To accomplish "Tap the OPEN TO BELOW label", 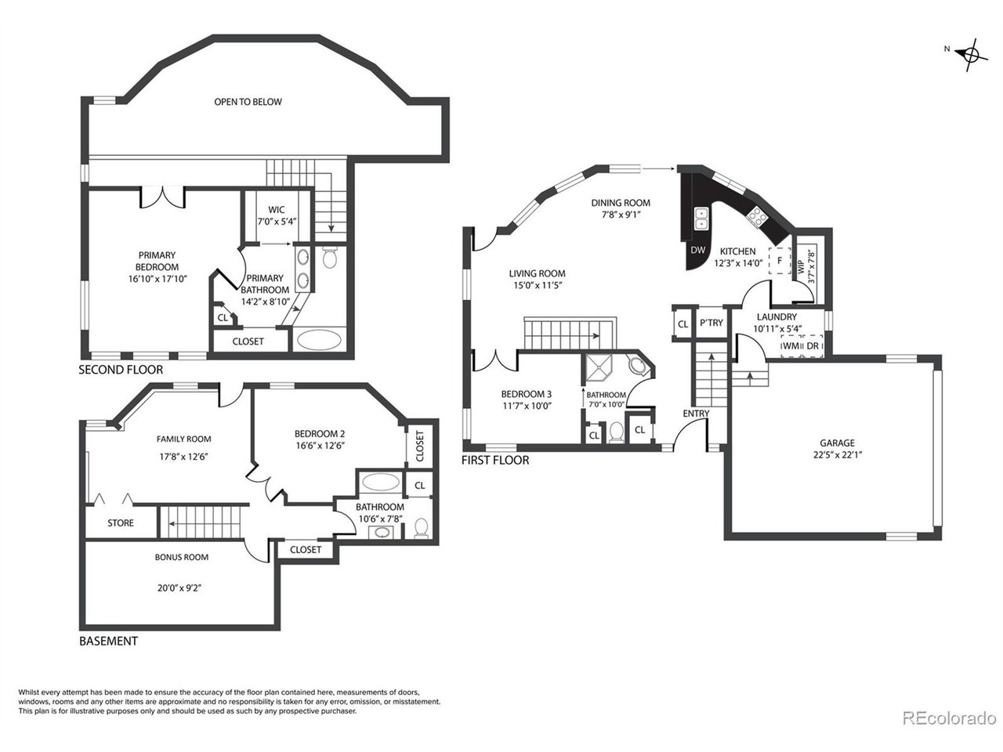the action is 248,102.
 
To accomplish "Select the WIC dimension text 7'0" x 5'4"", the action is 277,222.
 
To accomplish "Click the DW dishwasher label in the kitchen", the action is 697,250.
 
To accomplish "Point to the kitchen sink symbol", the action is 701,219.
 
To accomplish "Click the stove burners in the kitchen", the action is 756,217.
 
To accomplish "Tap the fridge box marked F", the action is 780,261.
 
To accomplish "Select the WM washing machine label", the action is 791,345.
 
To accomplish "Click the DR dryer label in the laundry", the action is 813,345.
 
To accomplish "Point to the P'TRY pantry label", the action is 712,323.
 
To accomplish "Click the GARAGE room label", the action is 837,443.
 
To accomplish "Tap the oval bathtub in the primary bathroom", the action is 320,340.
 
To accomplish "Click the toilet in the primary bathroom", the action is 329,258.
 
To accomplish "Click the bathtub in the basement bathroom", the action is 380,483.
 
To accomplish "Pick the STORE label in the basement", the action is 121,523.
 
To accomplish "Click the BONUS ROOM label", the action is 182,558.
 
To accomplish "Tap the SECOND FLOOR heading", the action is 121,370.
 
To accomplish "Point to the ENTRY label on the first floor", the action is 696,414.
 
